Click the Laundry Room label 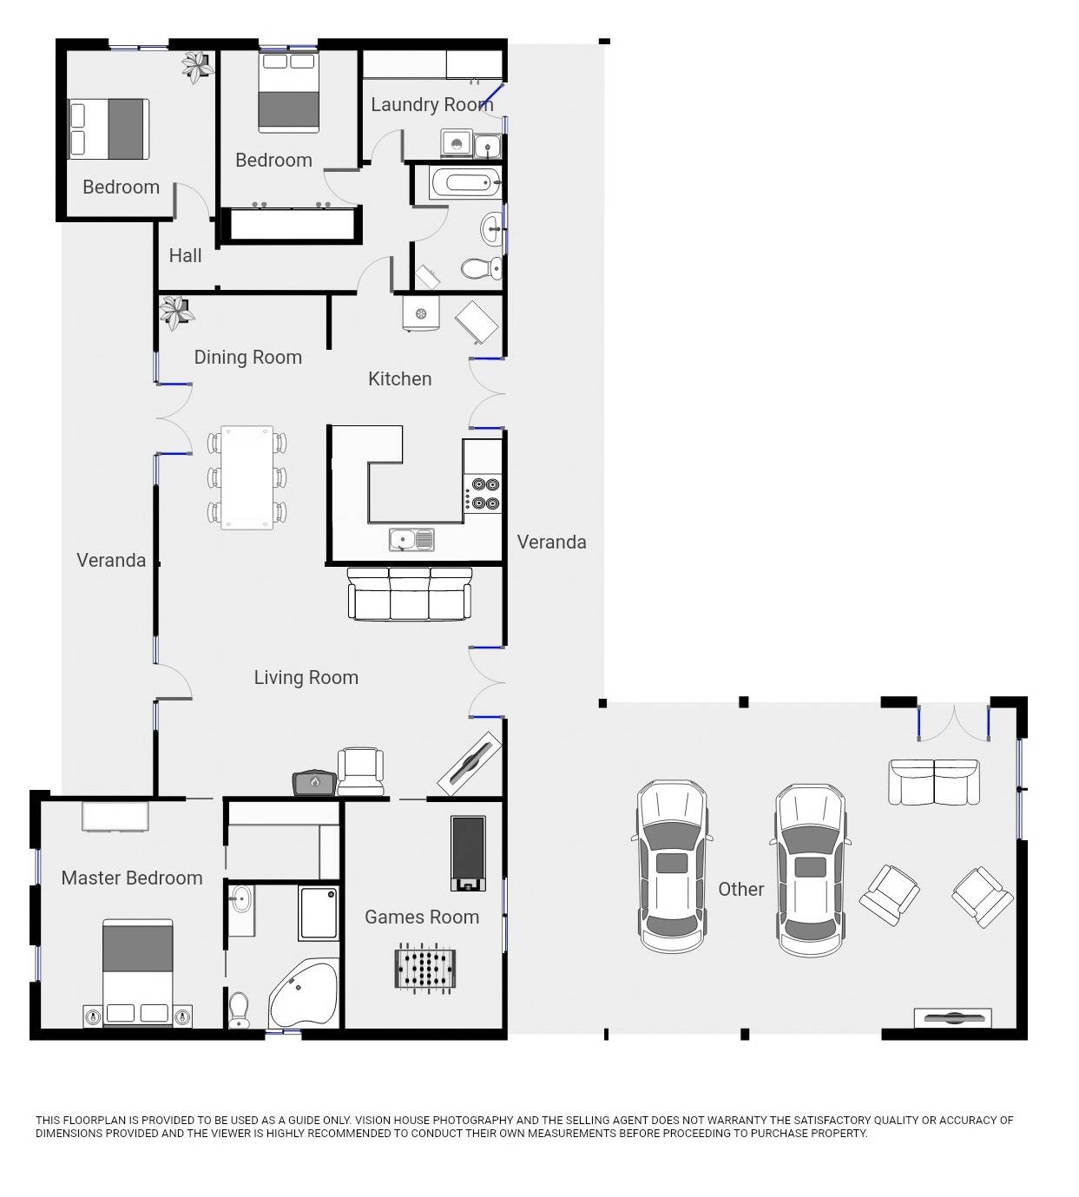tap(432, 104)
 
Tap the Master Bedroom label tap(132, 878)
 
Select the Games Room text tap(422, 917)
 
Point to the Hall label tap(185, 255)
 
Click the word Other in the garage tap(740, 889)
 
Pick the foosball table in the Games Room tap(425, 967)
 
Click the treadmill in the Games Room tap(468, 853)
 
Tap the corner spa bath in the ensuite tap(303, 994)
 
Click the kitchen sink tap(411, 540)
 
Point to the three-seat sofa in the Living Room tap(410, 594)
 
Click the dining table tap(247, 477)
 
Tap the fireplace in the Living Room tap(314, 783)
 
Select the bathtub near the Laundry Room tap(465, 182)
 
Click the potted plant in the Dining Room tap(176, 312)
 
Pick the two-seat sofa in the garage tap(933, 782)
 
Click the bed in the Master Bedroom tap(137, 973)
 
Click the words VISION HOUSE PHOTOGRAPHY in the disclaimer tap(434, 1121)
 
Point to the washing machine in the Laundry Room tap(457, 144)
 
